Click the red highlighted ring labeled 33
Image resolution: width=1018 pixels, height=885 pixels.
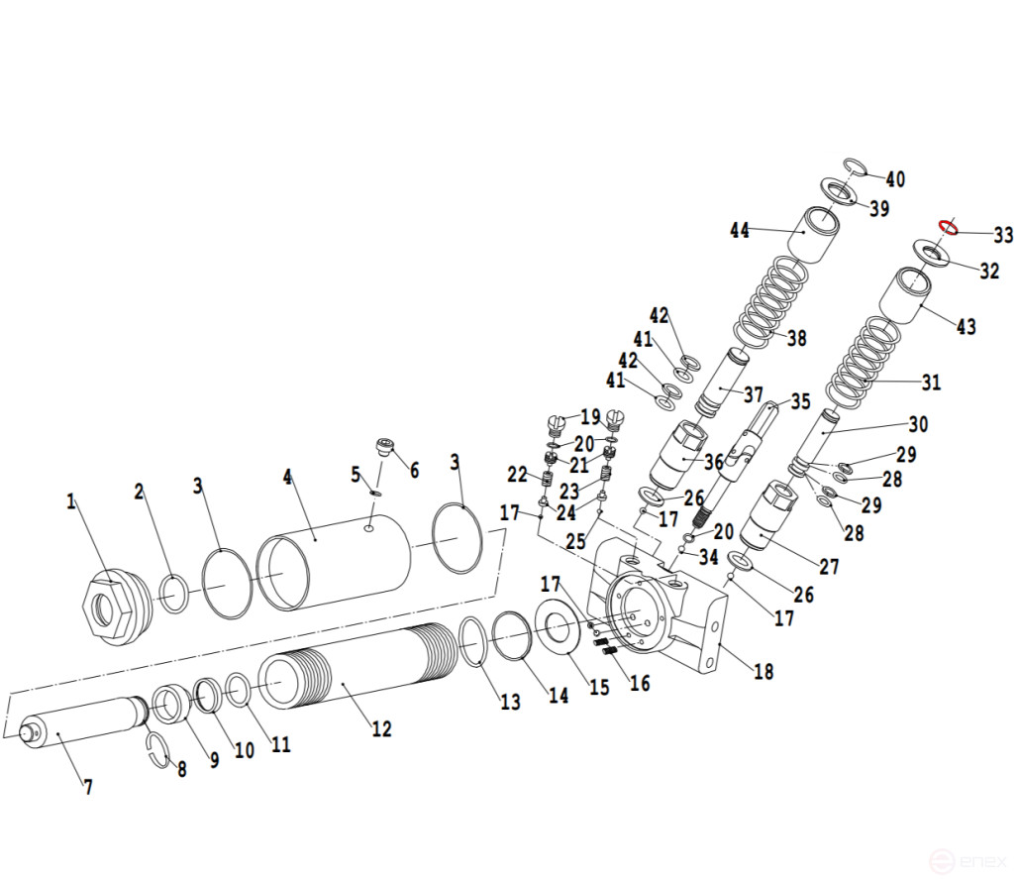[948, 228]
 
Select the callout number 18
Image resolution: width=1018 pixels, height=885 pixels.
[763, 671]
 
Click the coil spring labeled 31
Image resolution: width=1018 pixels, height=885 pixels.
[867, 362]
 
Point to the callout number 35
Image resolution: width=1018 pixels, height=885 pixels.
[800, 401]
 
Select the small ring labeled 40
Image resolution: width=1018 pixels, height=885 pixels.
[856, 166]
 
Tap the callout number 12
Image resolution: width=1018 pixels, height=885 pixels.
[381, 729]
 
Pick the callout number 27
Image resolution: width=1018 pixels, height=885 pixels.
[828, 567]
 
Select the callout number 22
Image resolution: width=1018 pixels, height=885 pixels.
[517, 475]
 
